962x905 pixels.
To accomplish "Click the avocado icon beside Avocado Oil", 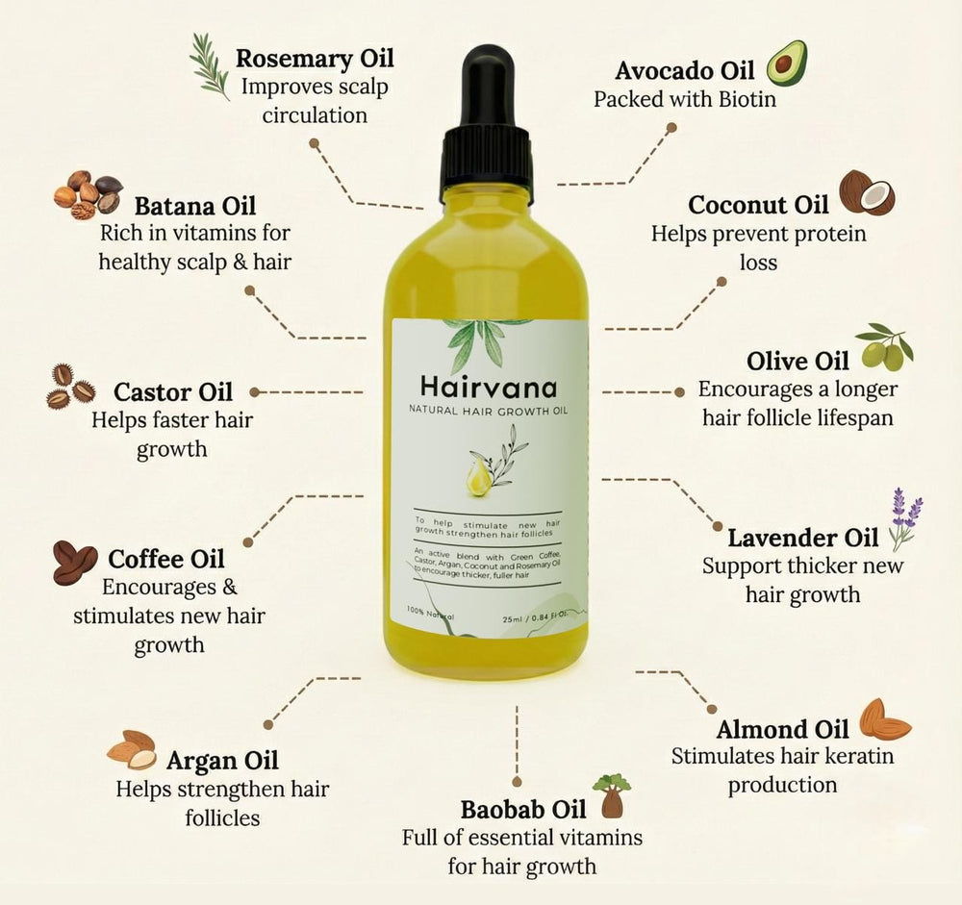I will pyautogui.click(x=786, y=63).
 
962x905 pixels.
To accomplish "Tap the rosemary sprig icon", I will pyautogui.click(x=210, y=65).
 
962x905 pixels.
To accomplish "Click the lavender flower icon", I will pyautogui.click(x=904, y=517).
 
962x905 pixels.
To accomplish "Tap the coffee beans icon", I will pyautogui.click(x=74, y=562).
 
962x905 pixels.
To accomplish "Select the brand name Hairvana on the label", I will pyautogui.click(x=489, y=387).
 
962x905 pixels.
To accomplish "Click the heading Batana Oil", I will pyautogui.click(x=195, y=207).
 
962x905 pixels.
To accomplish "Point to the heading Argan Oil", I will pyautogui.click(x=222, y=761).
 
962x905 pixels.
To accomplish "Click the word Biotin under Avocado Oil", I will pyautogui.click(x=744, y=99).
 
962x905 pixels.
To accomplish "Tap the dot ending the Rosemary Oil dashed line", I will pyautogui.click(x=314, y=142).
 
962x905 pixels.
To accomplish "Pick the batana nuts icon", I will pyautogui.click(x=87, y=194).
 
